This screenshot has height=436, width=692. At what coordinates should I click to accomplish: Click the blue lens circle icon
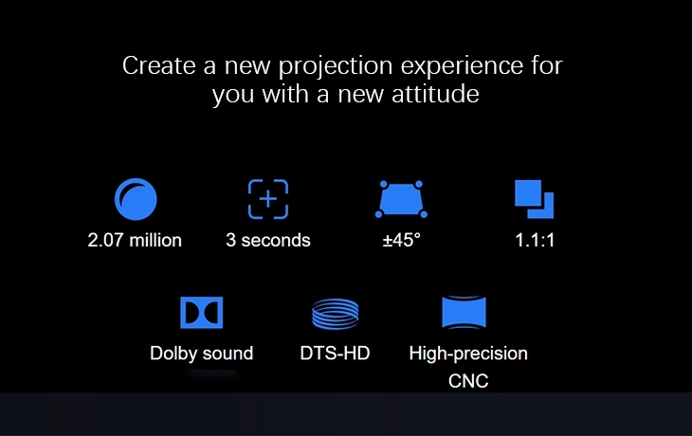pyautogui.click(x=136, y=199)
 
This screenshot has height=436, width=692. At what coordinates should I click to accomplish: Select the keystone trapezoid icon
pyautogui.click(x=401, y=199)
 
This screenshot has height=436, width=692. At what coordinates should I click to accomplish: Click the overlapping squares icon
pyautogui.click(x=534, y=199)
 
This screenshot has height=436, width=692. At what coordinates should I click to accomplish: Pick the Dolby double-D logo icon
pyautogui.click(x=202, y=313)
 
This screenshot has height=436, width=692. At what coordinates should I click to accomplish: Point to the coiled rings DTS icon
pyautogui.click(x=335, y=314)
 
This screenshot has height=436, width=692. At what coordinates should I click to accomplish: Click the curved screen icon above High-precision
pyautogui.click(x=464, y=312)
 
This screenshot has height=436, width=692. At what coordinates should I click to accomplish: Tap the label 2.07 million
pyautogui.click(x=135, y=240)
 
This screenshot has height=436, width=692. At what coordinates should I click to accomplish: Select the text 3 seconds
pyautogui.click(x=268, y=240)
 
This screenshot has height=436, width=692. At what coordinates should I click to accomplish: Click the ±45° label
pyautogui.click(x=401, y=240)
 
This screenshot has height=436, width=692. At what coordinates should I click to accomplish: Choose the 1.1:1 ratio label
pyautogui.click(x=535, y=240)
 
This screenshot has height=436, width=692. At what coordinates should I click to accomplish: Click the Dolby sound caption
pyautogui.click(x=202, y=354)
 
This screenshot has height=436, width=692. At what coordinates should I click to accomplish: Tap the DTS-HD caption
pyautogui.click(x=335, y=353)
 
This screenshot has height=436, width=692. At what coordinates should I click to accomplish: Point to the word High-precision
pyautogui.click(x=468, y=354)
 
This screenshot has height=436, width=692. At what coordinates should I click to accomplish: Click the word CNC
pyautogui.click(x=468, y=381)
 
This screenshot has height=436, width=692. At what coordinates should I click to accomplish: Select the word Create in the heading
pyautogui.click(x=159, y=65)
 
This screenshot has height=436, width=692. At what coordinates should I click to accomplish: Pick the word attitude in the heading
pyautogui.click(x=435, y=94)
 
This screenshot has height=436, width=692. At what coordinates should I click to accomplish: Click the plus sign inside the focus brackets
pyautogui.click(x=268, y=199)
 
